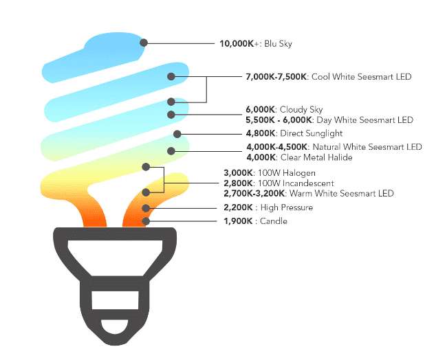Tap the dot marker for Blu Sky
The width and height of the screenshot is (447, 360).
click(x=144, y=43)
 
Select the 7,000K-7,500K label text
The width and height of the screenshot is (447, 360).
click(x=276, y=77)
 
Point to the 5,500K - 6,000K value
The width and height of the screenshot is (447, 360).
click(x=279, y=120)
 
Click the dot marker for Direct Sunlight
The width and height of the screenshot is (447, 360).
click(x=177, y=134)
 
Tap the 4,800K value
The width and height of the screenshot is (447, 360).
click(x=261, y=133)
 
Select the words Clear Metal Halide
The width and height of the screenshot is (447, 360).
click(x=316, y=157)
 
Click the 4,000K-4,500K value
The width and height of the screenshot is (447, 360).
click(x=277, y=147)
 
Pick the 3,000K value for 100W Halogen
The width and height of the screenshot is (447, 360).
click(x=239, y=173)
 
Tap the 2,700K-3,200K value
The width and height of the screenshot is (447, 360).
click(x=254, y=193)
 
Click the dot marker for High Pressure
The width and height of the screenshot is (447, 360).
click(x=146, y=208)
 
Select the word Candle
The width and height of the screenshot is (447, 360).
click(x=274, y=221)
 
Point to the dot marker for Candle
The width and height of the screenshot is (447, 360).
click(x=146, y=221)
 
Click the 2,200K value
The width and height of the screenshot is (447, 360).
click(x=239, y=207)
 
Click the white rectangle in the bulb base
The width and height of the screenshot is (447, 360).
click(x=115, y=300)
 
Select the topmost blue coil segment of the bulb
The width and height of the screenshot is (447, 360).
click(x=94, y=57)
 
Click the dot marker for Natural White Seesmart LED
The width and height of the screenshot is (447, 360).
click(x=171, y=151)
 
